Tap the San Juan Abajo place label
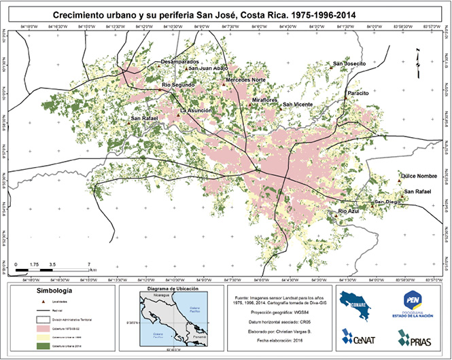(208, 69)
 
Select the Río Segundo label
(178, 84)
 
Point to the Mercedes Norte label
(245, 80)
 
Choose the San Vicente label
(298, 104)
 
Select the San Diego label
(388, 202)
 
